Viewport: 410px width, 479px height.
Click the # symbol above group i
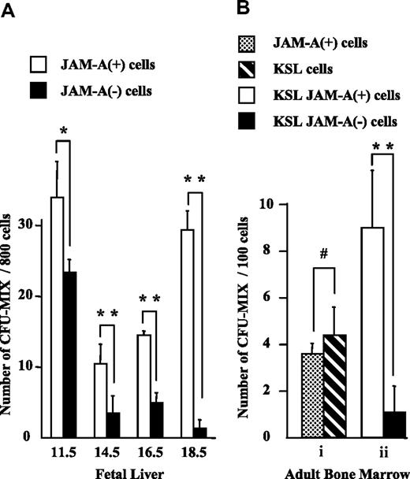tap(324, 254)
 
